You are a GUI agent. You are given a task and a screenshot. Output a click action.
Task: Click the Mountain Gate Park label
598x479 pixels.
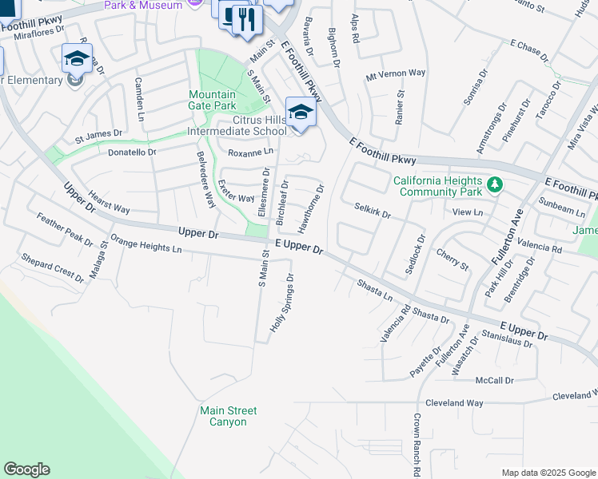[213, 99]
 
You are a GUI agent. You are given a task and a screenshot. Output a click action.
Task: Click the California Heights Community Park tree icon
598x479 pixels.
[495, 185]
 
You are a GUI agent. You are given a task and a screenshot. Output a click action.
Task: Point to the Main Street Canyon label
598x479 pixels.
[228, 416]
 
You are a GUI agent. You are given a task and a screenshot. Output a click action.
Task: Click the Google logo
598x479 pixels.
[26, 469]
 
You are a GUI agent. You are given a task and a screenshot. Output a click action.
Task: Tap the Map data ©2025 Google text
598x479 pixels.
[548, 473]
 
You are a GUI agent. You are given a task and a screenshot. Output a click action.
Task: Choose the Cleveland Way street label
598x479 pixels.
[454, 403]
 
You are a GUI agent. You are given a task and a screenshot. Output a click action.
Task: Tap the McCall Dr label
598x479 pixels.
[494, 380]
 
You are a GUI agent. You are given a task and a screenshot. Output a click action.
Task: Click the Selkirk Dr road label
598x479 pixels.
[372, 210]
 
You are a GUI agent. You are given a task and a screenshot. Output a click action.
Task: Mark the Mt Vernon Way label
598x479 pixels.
[395, 73]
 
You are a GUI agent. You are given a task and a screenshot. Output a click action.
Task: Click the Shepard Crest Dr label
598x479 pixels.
[52, 267]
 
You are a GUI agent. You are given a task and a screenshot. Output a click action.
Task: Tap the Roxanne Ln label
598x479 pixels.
[250, 152]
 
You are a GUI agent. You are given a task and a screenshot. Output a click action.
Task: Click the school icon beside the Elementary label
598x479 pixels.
[77, 59]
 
